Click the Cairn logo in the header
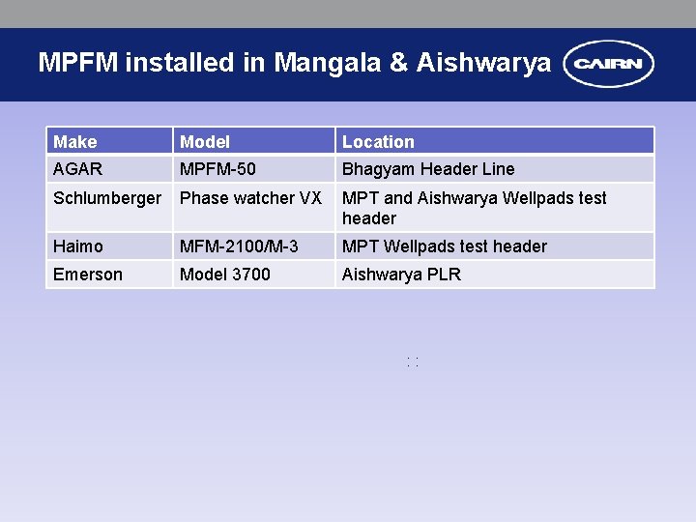tap(609, 65)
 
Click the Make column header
tap(75, 142)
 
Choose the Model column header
tap(205, 142)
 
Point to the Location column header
tap(378, 142)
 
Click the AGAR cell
tap(77, 169)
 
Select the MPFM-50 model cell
tap(217, 169)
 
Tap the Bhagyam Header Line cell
tap(428, 169)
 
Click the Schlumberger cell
tap(107, 198)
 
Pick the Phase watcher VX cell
tap(250, 198)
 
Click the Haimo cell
tap(78, 246)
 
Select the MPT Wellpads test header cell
tap(445, 246)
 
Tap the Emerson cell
tap(88, 275)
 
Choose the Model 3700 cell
tap(225, 275)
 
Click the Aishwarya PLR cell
tap(401, 275)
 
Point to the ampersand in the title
tap(398, 64)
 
